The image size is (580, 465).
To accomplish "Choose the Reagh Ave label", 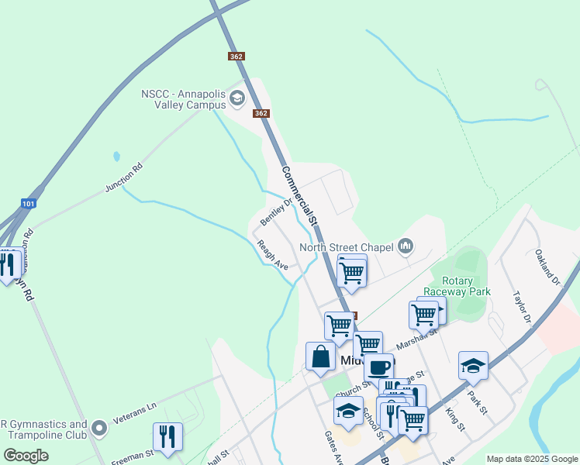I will pos(272,255).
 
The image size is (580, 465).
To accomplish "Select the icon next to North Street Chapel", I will pos(406,247).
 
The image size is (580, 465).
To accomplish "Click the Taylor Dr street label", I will pos(521,308).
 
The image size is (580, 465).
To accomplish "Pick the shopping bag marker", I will pos(320,356).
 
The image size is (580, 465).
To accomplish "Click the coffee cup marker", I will pos(378,367).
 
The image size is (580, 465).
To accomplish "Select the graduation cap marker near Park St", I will pos(473,365).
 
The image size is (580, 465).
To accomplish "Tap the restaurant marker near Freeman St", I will pos(167,436).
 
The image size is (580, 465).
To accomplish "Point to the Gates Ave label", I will pos(333,448).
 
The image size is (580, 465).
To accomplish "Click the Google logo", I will pos(26,456).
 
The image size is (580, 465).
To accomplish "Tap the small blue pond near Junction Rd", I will pos(116,156).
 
